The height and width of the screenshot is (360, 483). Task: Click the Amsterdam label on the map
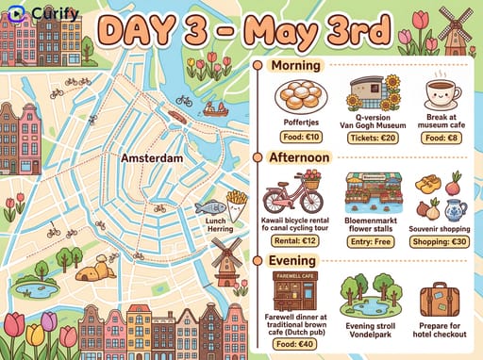(152, 158)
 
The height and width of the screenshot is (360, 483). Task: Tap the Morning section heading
(295, 66)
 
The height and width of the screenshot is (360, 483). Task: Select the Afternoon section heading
(300, 157)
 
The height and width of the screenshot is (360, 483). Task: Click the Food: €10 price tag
(302, 138)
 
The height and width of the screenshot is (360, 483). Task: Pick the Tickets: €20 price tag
(375, 138)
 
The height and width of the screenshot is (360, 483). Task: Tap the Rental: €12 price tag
(294, 240)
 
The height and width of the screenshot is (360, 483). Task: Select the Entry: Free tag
(375, 240)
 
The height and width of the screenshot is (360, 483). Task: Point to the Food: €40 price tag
(294, 344)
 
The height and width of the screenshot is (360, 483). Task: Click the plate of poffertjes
(301, 96)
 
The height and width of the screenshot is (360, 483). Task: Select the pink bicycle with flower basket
(292, 194)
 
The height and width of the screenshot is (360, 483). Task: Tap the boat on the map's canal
(216, 108)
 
